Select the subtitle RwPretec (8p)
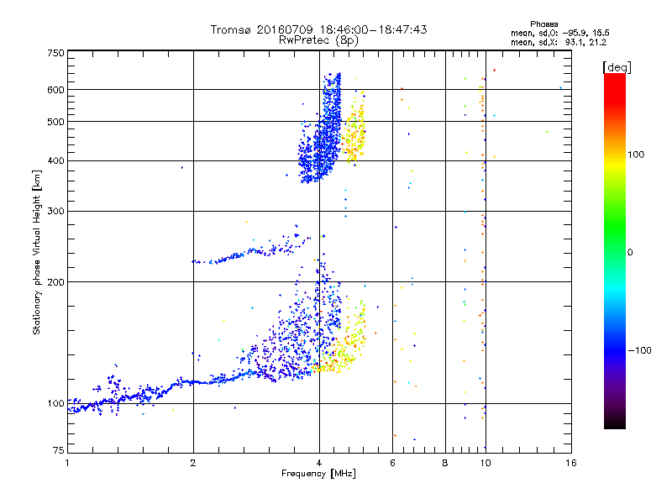(x=318, y=40)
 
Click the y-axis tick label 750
(x=55, y=53)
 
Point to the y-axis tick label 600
(x=55, y=90)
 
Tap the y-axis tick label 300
(x=55, y=211)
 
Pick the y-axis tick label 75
(x=59, y=450)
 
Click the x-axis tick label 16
(x=571, y=463)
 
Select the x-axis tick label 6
(x=392, y=463)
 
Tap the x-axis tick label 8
(x=445, y=463)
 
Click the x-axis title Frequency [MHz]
(x=318, y=474)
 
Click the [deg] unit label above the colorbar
(x=617, y=67)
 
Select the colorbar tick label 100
(x=636, y=155)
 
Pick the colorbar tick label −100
(x=640, y=350)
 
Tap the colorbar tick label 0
(x=630, y=253)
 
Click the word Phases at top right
(x=543, y=24)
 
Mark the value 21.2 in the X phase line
(x=597, y=43)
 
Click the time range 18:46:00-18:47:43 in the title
(x=373, y=29)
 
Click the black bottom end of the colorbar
(x=615, y=426)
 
